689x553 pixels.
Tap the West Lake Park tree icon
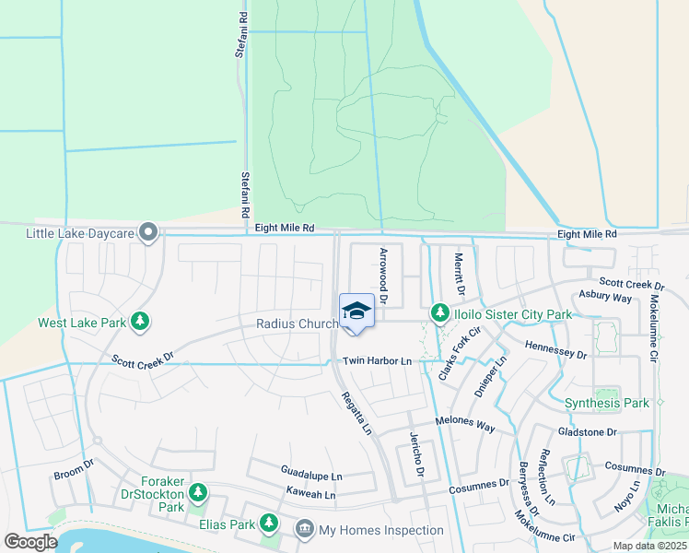click(140, 322)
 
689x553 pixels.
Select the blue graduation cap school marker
click(356, 312)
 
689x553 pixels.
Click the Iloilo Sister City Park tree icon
click(440, 314)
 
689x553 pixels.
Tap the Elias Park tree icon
click(269, 524)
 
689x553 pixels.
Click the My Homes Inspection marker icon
click(304, 529)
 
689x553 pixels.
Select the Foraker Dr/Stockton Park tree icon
click(197, 494)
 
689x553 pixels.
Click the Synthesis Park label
click(606, 403)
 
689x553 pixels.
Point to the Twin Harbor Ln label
click(377, 362)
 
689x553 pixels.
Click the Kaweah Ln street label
click(310, 494)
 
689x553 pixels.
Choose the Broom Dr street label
click(74, 472)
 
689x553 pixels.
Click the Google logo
click(31, 542)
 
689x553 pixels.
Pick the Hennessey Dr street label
click(555, 348)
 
